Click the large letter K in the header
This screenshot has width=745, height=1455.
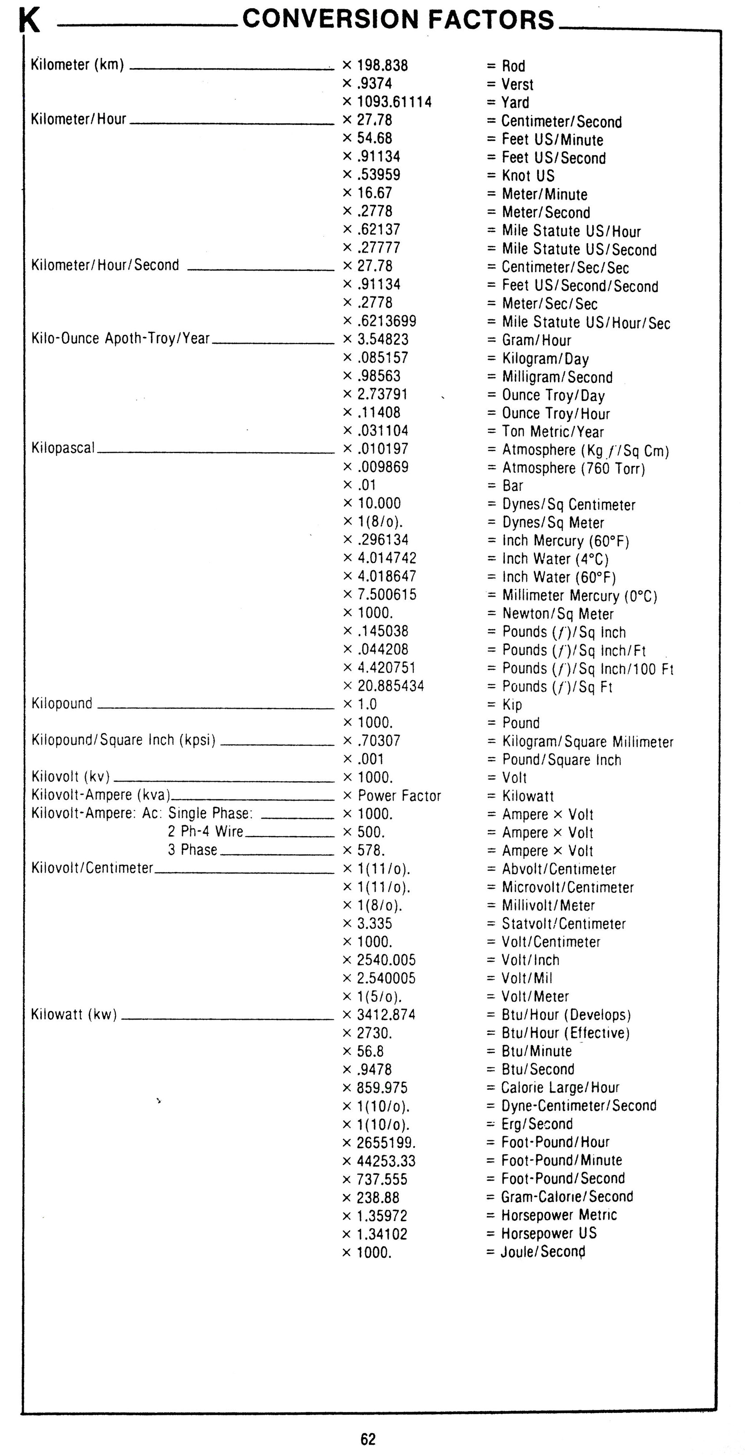click(29, 22)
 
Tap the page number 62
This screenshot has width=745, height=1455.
click(368, 1439)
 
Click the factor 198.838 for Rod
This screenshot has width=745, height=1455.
click(382, 66)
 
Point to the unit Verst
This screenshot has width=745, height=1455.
click(517, 84)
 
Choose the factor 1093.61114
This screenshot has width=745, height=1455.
click(394, 102)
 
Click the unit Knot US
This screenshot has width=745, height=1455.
click(528, 176)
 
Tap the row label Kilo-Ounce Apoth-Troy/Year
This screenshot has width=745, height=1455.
click(120, 339)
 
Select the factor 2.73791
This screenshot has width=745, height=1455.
click(382, 394)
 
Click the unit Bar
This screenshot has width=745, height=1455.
click(512, 486)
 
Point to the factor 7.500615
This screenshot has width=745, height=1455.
click(387, 595)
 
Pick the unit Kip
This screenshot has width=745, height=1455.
click(512, 704)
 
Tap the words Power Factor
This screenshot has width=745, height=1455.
click(399, 796)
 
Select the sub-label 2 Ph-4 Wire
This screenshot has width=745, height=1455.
click(206, 831)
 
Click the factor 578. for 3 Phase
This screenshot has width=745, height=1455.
click(371, 850)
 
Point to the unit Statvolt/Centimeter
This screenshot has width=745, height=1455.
click(563, 924)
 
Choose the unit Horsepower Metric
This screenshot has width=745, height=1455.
click(559, 1215)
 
